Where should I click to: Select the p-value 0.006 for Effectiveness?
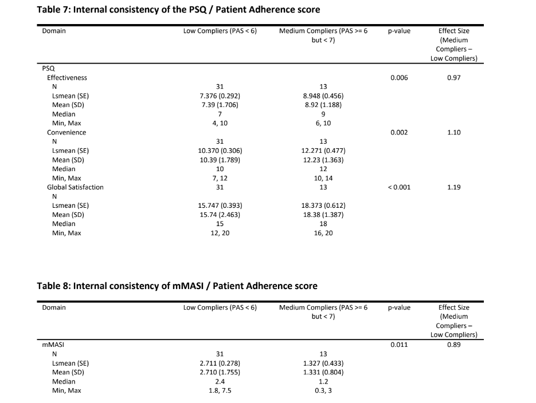[398, 77]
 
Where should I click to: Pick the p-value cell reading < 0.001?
[398, 187]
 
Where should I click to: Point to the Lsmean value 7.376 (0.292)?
[220, 96]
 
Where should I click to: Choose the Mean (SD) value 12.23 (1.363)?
[323, 160]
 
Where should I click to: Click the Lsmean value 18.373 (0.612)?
[323, 206]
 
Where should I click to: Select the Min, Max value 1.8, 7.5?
[220, 390]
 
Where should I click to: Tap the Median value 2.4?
[220, 381]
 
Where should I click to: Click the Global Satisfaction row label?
[75, 187]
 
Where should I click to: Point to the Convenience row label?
[66, 132]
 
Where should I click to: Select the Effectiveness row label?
[67, 77]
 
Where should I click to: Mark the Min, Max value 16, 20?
[323, 233]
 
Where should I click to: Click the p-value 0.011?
[398, 345]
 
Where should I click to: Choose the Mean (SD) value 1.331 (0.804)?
[323, 372]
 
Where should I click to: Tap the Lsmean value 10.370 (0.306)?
[220, 151]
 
